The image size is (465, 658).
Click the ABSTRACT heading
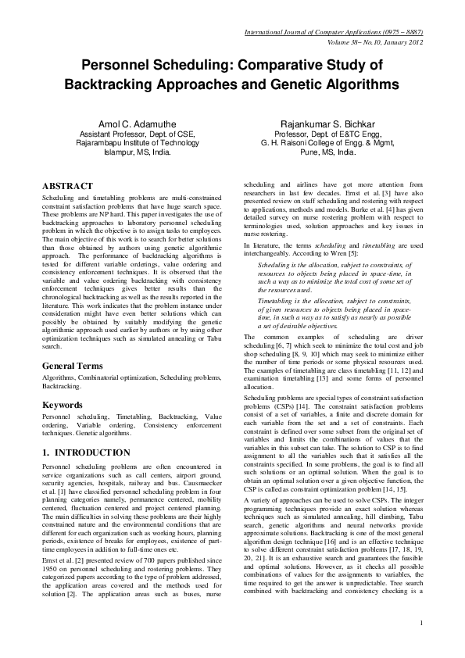tap(68, 187)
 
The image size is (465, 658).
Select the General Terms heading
tap(75, 366)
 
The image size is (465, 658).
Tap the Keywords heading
tap(63, 405)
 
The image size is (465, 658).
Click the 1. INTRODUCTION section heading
tap(86, 452)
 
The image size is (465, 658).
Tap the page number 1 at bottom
tap(420, 644)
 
